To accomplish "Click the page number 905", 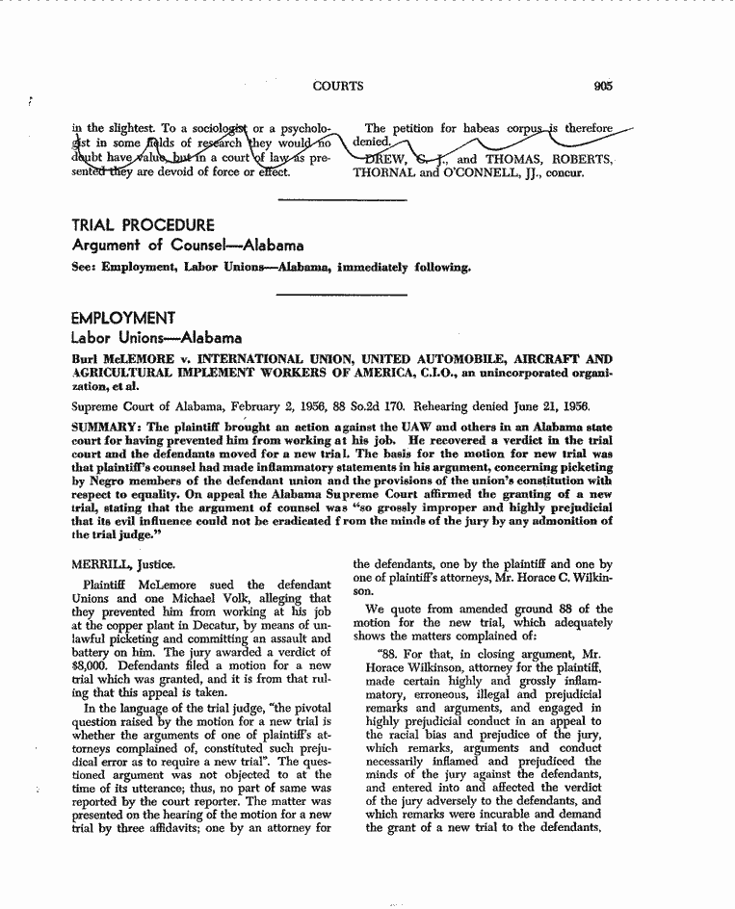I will pyautogui.click(x=604, y=86).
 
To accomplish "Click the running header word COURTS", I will pyautogui.click(x=338, y=86).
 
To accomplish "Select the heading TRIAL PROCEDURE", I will pyautogui.click(x=143, y=225).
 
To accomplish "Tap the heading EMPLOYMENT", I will pyautogui.click(x=123, y=318).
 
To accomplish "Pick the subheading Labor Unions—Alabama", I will pyautogui.click(x=157, y=338).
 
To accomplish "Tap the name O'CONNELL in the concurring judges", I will pyautogui.click(x=449, y=173).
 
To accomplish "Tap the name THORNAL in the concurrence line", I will pyautogui.click(x=382, y=173).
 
